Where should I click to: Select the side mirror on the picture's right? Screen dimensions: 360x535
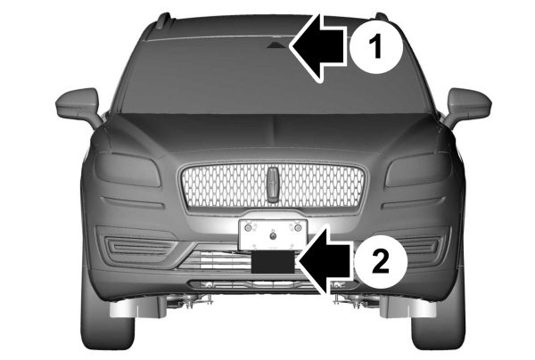tap(468, 106)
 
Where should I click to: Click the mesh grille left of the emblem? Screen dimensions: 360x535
tap(223, 187)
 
